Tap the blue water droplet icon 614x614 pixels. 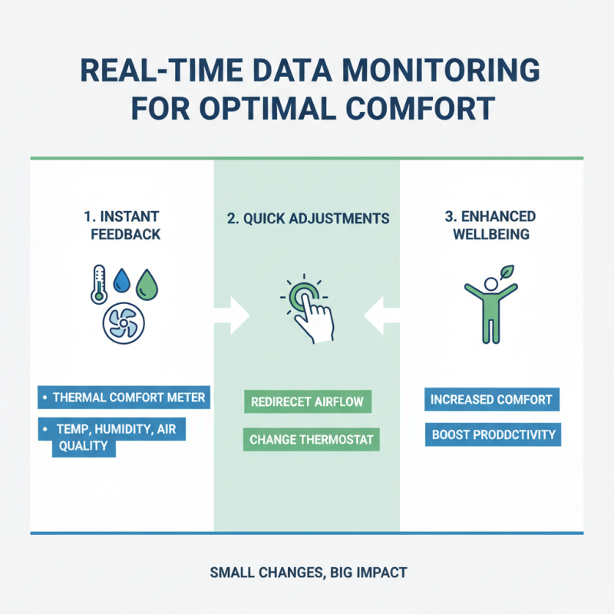(122, 283)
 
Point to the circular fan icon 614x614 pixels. (123, 323)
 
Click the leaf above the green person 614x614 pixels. (507, 272)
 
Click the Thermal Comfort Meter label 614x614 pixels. (124, 398)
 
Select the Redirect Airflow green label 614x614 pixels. (307, 401)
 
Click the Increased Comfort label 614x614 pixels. (491, 400)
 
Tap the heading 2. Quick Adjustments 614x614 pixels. (307, 219)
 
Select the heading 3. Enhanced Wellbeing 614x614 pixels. (491, 226)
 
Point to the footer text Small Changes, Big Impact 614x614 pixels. (307, 572)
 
